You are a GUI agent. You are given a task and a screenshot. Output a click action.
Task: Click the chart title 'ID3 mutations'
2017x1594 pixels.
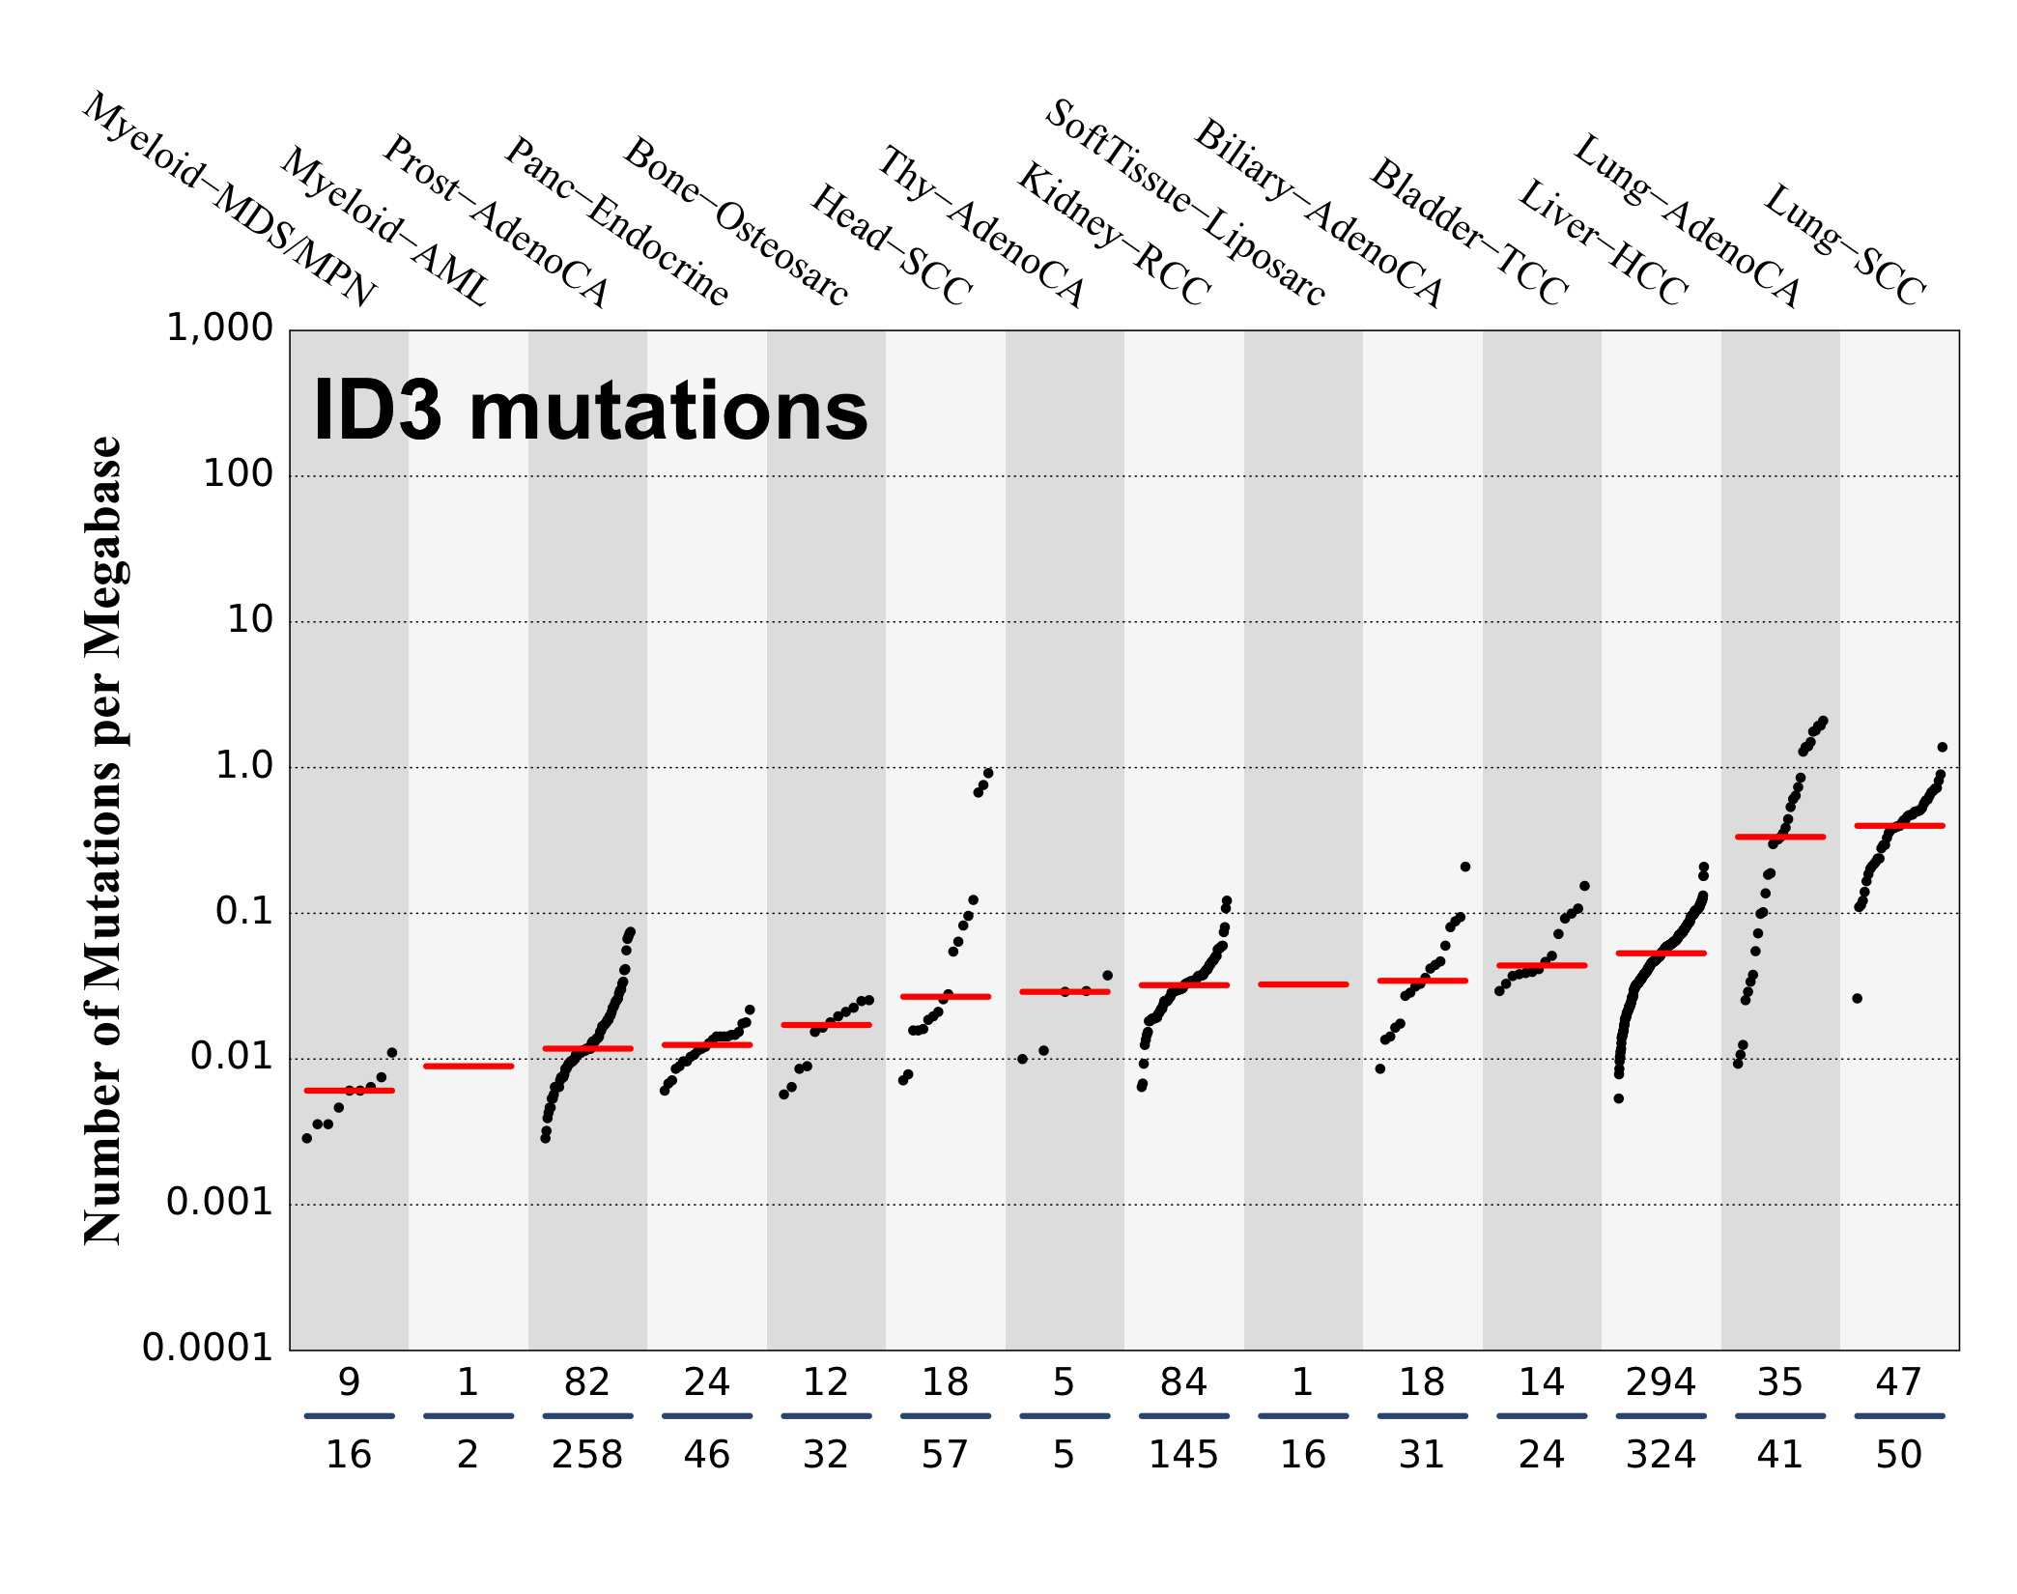click(x=590, y=412)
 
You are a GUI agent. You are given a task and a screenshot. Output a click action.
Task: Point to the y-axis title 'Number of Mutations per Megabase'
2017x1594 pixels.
click(x=103, y=840)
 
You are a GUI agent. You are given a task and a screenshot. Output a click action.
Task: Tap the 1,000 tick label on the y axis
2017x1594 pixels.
click(x=220, y=328)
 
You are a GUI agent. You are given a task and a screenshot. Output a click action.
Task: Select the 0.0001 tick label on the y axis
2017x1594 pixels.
click(x=208, y=1348)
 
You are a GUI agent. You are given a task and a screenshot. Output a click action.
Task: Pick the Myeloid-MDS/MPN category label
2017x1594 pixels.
click(x=229, y=200)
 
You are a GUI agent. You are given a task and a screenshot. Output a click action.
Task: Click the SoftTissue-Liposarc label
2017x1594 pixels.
click(x=1185, y=203)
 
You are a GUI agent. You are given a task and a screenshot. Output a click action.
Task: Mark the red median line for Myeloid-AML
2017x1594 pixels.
click(x=469, y=1067)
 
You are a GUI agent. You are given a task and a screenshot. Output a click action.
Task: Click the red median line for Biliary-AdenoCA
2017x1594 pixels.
click(x=1303, y=984)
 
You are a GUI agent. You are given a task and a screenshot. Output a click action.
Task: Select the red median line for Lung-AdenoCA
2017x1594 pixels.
click(x=1780, y=837)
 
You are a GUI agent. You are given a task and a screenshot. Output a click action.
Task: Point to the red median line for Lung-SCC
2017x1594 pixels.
click(x=1899, y=826)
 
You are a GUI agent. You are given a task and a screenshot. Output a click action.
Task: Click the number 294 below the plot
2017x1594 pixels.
click(x=1661, y=1383)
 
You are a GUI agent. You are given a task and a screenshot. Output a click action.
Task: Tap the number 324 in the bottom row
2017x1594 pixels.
click(x=1661, y=1455)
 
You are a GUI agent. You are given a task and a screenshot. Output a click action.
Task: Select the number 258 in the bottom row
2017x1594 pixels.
click(x=587, y=1455)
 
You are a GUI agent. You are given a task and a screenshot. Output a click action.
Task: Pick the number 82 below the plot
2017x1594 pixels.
click(x=587, y=1383)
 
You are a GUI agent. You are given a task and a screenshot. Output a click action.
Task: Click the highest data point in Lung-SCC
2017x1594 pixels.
click(x=1943, y=748)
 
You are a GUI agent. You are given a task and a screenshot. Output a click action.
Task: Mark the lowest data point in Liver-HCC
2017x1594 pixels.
click(x=1619, y=1098)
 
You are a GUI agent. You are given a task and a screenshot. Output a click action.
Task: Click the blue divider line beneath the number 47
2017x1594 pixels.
click(x=1899, y=1416)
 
